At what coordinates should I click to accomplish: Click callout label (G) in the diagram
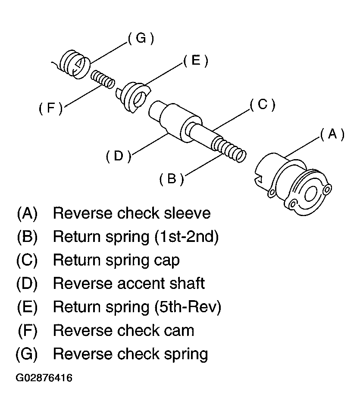(x=141, y=38)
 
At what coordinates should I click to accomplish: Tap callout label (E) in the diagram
(x=196, y=60)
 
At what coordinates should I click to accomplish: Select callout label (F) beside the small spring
(x=51, y=108)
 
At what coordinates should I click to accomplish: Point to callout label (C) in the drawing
(x=262, y=104)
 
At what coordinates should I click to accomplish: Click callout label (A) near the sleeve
(x=332, y=134)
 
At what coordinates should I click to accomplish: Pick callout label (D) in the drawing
(x=119, y=156)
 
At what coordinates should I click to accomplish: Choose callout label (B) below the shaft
(x=172, y=179)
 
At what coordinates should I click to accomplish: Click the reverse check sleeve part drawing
(x=293, y=184)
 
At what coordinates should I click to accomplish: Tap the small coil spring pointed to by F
(x=103, y=79)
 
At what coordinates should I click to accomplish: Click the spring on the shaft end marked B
(x=229, y=150)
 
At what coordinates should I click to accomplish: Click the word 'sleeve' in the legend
(x=187, y=213)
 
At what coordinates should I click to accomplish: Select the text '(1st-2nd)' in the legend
(x=186, y=237)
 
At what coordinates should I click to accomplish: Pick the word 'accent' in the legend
(x=141, y=284)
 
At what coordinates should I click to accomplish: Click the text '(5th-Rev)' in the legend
(x=188, y=307)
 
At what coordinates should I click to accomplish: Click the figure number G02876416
(x=44, y=378)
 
